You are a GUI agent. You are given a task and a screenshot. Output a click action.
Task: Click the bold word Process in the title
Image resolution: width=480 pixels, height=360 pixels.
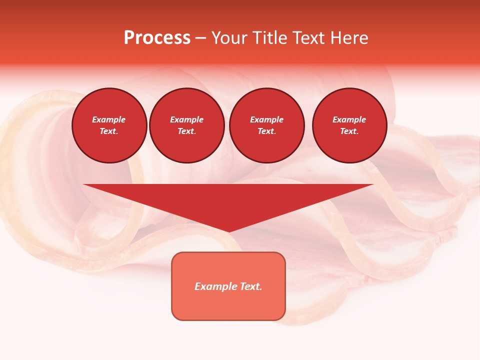[x=157, y=38]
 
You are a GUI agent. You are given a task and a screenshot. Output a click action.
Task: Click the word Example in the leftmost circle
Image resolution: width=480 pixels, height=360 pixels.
[x=108, y=119]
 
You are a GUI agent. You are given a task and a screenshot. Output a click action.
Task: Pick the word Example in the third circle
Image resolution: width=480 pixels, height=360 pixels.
[x=266, y=119]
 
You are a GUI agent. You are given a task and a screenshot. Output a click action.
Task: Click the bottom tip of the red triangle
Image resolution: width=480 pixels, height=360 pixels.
[x=228, y=231]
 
